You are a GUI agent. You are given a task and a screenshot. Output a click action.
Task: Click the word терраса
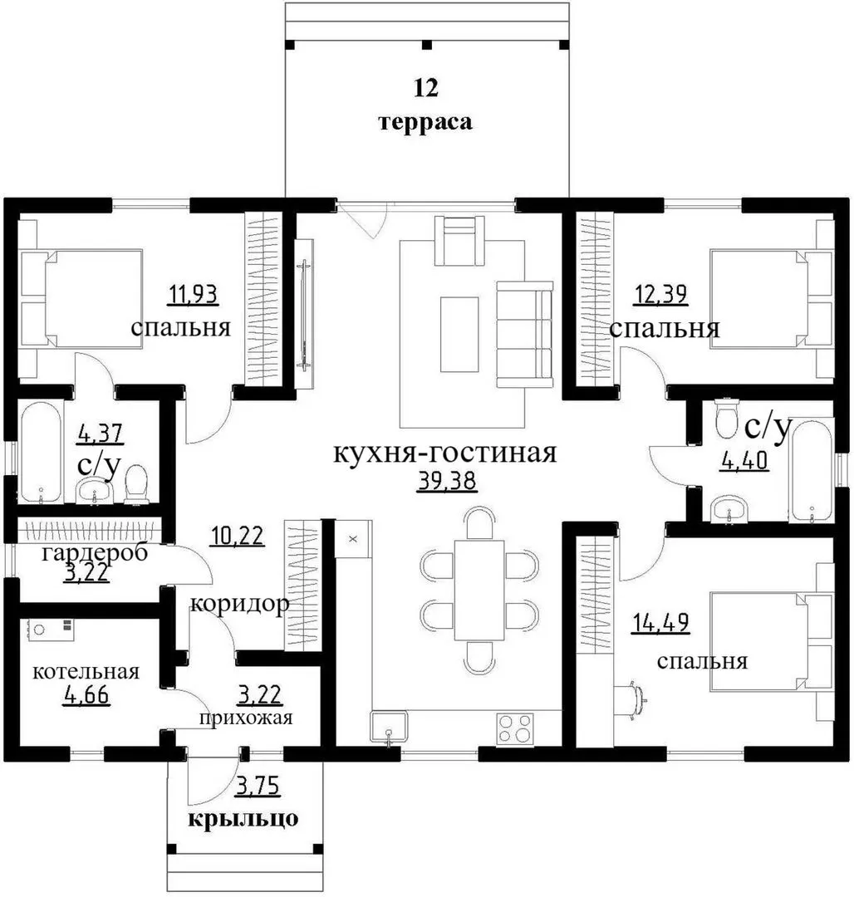tap(426, 122)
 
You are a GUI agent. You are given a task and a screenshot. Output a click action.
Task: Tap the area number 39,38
tap(447, 481)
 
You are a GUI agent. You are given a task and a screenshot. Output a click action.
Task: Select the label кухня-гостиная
tap(444, 453)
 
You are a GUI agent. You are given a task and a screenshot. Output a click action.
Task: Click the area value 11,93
tap(194, 295)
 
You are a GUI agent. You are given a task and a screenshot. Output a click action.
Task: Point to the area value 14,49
tap(660, 623)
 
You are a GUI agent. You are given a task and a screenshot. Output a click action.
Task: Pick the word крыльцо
tap(243, 818)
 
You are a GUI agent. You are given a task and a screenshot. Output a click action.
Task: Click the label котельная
tap(86, 671)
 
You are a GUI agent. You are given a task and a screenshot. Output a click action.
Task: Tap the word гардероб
tap(95, 553)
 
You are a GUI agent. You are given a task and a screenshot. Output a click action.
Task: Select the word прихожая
tap(246, 718)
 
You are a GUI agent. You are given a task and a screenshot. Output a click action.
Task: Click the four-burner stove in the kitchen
tap(515, 729)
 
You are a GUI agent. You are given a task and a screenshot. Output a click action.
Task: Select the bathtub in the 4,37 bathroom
tap(41, 452)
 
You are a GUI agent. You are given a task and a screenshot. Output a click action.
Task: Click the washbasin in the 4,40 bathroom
tap(729, 508)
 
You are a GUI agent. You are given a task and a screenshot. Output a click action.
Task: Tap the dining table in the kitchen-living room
tap(479, 590)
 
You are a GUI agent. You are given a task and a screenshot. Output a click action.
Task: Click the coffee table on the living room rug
tap(459, 334)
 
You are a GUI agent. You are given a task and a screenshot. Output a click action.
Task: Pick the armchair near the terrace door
tap(459, 240)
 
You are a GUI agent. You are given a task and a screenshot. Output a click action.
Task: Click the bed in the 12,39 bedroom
tap(771, 298)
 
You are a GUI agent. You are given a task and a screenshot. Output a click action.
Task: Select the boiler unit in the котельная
tap(51, 629)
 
